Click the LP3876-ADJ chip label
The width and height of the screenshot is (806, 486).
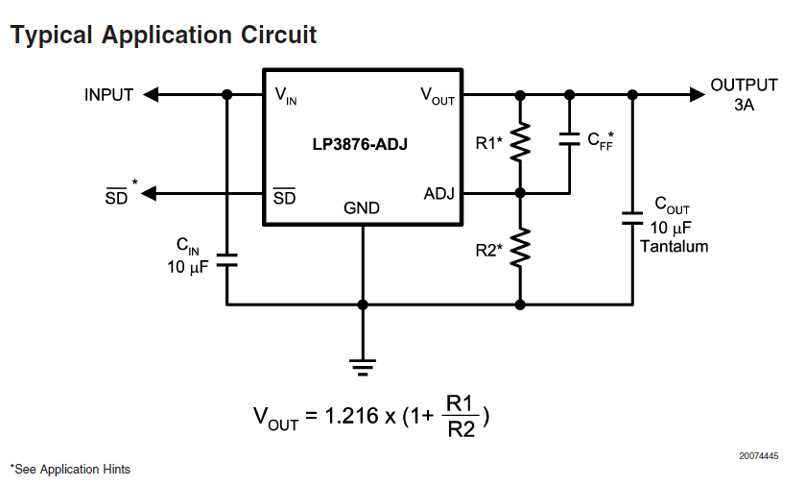click(x=363, y=144)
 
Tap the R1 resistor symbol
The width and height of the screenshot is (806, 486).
click(x=520, y=143)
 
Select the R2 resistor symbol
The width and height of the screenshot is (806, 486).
click(x=520, y=247)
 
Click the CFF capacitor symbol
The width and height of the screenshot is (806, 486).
click(x=569, y=139)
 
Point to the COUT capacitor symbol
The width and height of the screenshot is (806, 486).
click(x=632, y=216)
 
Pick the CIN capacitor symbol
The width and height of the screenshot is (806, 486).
click(x=227, y=259)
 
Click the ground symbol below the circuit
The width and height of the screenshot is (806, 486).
click(x=363, y=366)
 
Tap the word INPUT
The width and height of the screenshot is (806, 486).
click(x=108, y=95)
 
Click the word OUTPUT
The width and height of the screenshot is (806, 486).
click(x=744, y=85)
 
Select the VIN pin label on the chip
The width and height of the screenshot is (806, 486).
click(x=286, y=95)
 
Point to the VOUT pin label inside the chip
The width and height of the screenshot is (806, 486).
click(x=438, y=95)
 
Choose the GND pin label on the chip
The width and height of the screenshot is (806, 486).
click(x=362, y=208)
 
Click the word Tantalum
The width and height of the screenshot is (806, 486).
click(x=674, y=246)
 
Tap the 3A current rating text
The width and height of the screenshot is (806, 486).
click(x=744, y=106)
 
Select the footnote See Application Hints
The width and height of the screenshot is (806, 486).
click(x=71, y=470)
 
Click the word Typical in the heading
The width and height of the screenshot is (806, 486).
click(x=52, y=36)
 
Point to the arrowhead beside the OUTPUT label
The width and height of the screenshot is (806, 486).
click(x=696, y=95)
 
